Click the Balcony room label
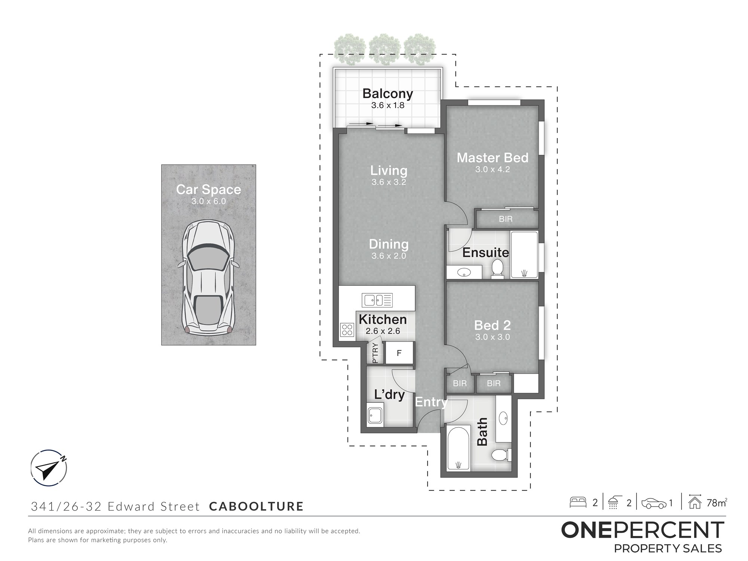[x=388, y=93]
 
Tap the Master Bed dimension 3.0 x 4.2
[x=493, y=169]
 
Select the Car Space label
[x=209, y=189]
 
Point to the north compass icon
[x=49, y=468]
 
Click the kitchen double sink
[x=377, y=300]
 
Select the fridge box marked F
[x=399, y=353]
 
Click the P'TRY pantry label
[x=375, y=353]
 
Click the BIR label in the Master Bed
[x=506, y=219]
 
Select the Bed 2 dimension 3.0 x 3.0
[x=493, y=337]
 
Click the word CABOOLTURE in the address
[x=256, y=506]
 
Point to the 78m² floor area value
[x=717, y=503]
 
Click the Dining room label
[x=389, y=244]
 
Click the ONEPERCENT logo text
[x=643, y=530]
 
